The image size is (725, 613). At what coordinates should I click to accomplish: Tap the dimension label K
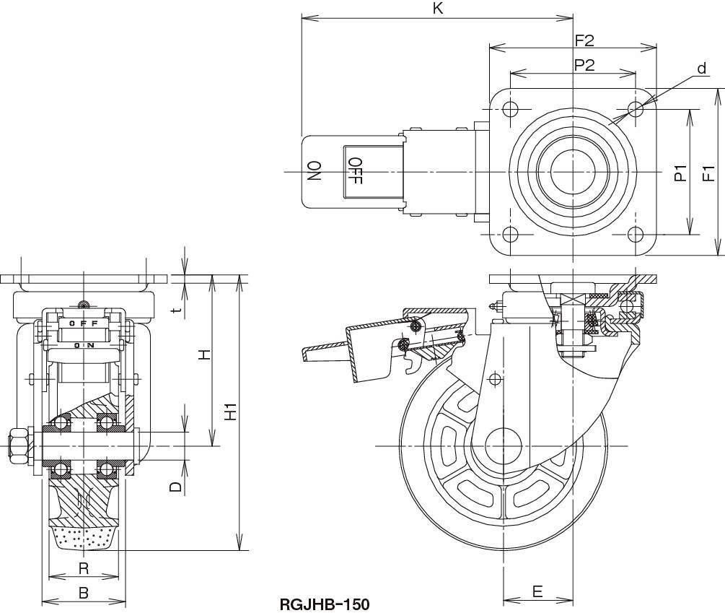pos(437,9)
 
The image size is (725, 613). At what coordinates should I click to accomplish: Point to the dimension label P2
pos(584,64)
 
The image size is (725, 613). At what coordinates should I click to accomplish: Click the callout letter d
pos(700,69)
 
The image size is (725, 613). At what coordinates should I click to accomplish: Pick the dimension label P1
pos(680,173)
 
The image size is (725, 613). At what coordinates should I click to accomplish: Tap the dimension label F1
pos(708,173)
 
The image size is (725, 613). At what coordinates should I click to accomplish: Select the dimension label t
pos(176,308)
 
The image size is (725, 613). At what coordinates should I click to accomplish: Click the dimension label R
pos(83,568)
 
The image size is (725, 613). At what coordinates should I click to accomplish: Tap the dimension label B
pos(83,593)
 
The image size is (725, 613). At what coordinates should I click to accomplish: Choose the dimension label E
pos(537,591)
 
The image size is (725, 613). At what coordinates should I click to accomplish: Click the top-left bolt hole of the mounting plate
pos(510,110)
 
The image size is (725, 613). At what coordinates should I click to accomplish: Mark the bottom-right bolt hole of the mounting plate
pos(635,235)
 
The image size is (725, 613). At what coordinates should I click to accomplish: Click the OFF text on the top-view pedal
pos(355,172)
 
